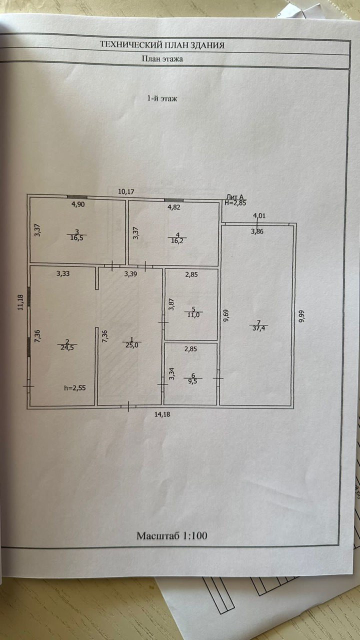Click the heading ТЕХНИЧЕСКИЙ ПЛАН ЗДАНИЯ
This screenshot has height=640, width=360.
point(162,45)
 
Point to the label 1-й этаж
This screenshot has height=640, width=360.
point(162,98)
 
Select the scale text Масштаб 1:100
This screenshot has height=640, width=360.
point(172,535)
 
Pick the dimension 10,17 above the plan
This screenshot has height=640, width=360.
point(126,191)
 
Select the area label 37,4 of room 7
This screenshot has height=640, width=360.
point(259,328)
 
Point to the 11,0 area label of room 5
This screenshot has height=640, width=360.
point(193,315)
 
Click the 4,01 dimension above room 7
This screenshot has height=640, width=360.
point(260,216)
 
